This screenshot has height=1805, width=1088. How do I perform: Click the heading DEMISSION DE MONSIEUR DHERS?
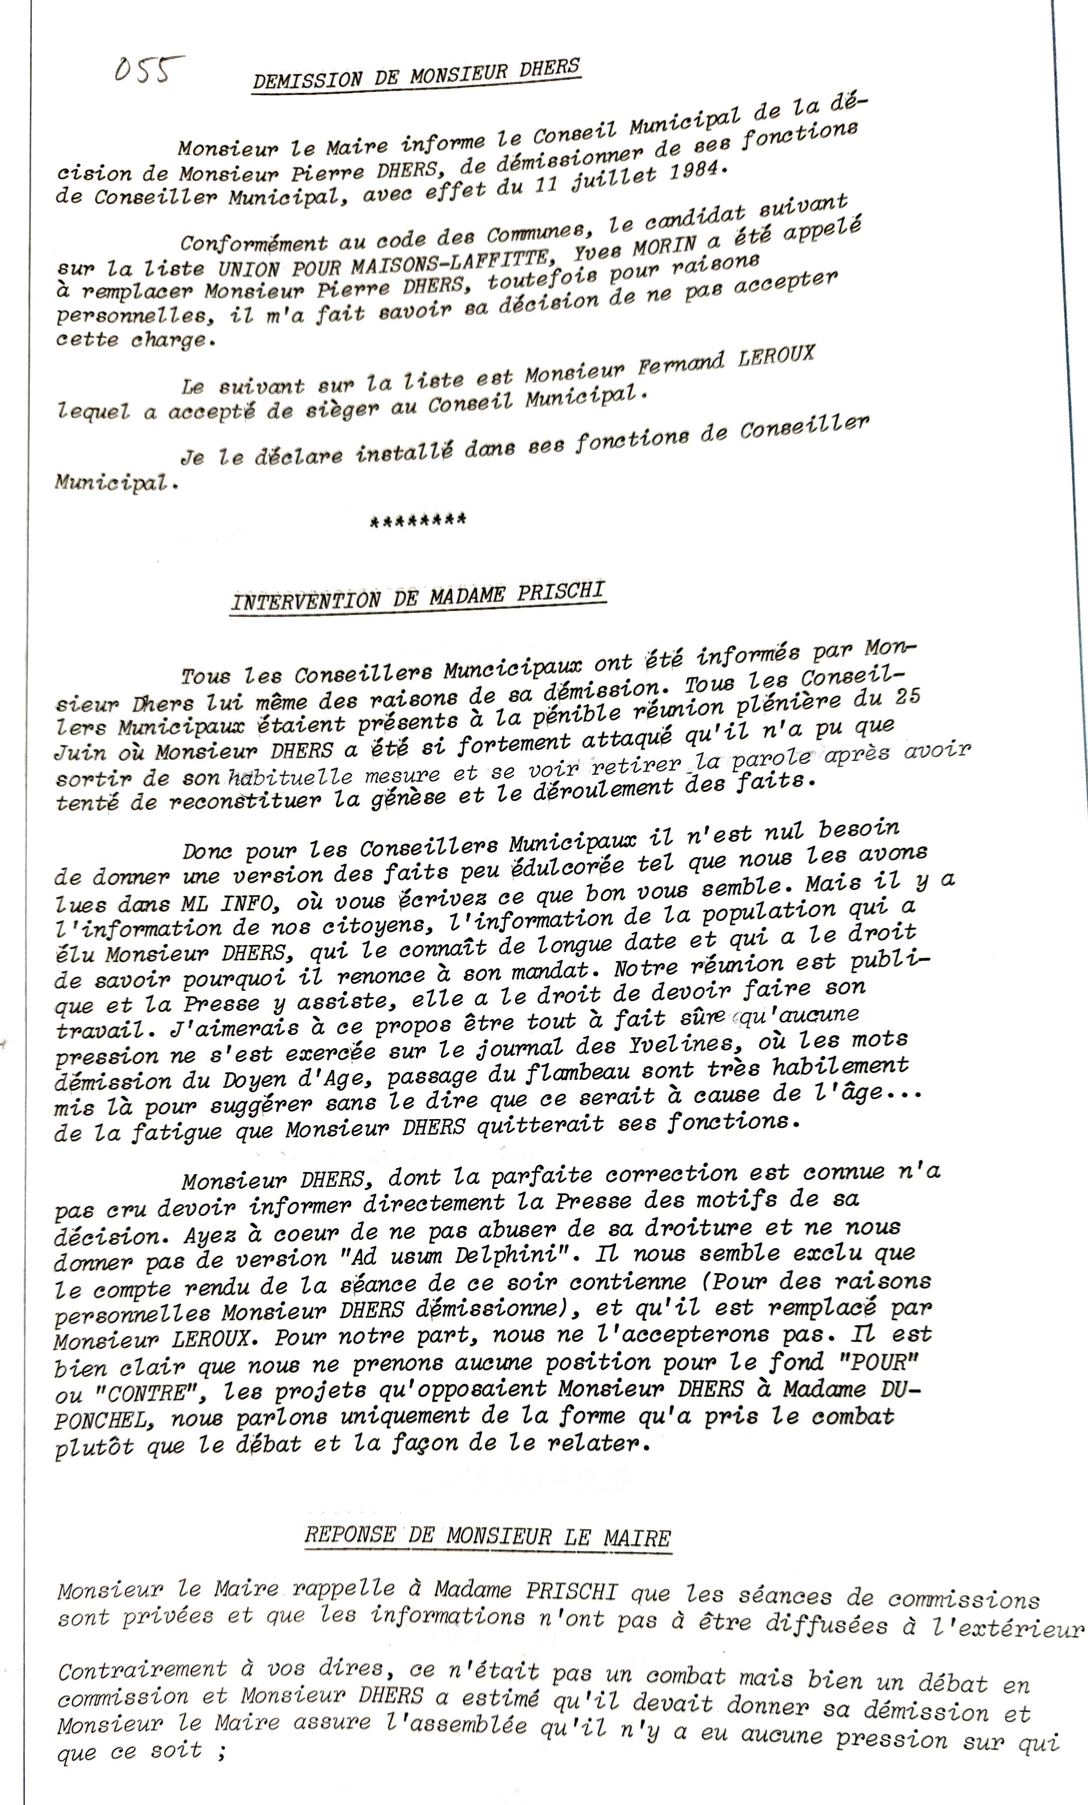pos(415,74)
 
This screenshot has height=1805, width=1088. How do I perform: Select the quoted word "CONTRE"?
pos(121,1391)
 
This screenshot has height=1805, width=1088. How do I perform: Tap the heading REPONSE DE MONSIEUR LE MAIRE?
pos(487,1536)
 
